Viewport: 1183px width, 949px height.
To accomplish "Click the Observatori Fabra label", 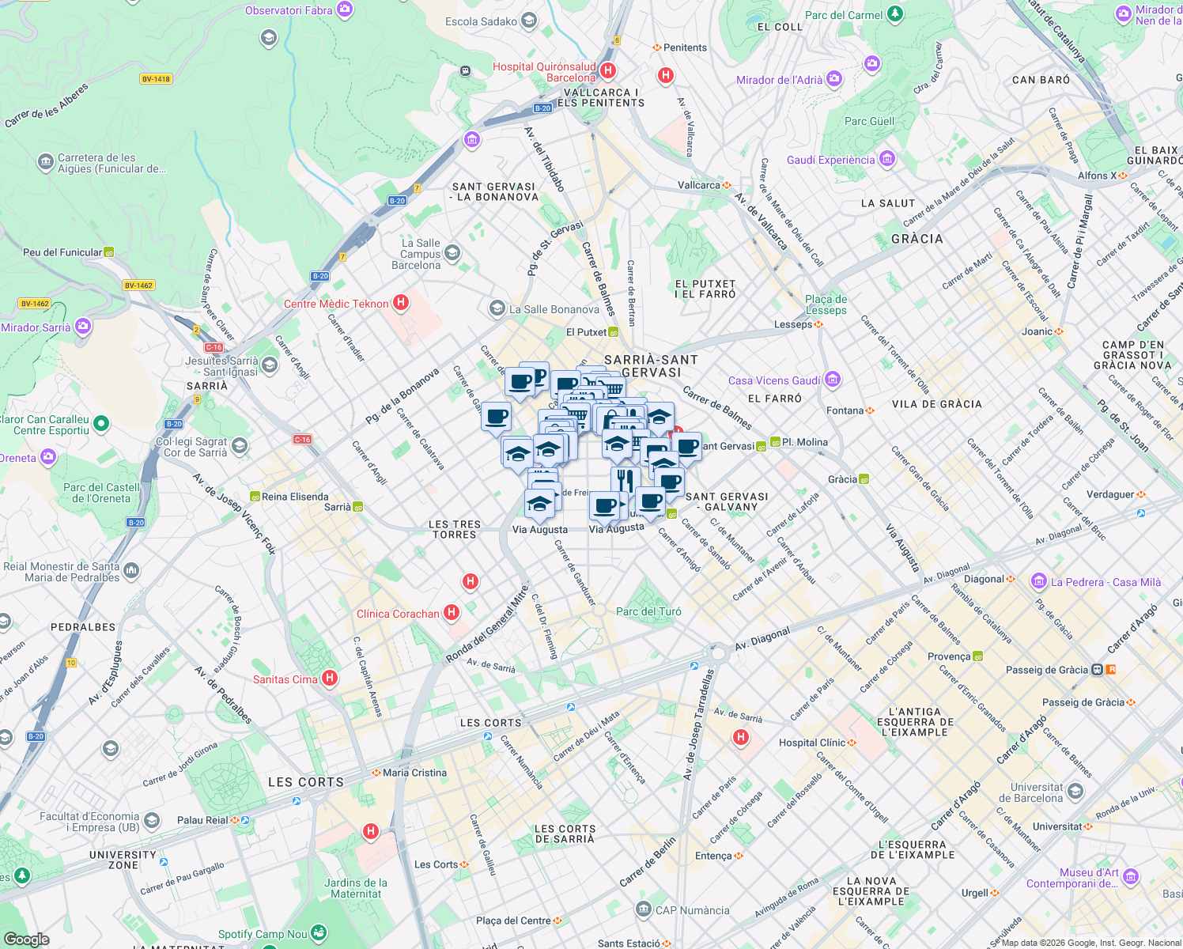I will tap(289, 10).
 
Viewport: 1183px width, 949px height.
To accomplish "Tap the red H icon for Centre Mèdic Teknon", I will tap(401, 302).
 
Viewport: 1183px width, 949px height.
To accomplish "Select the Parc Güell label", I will tap(869, 121).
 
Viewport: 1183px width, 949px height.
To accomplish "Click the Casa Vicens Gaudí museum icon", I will tap(832, 380).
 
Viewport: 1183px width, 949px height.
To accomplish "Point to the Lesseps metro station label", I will tap(793, 324).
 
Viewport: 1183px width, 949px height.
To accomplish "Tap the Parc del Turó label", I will tap(648, 611).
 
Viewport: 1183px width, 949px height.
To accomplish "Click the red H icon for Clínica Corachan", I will tap(452, 612).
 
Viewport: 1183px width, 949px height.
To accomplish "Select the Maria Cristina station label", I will tap(414, 773).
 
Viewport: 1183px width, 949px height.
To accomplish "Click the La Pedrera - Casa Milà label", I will tap(1106, 582).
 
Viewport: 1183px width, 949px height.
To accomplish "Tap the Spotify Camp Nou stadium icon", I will tap(319, 933).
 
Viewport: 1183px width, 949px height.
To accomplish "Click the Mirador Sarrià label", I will tap(36, 327).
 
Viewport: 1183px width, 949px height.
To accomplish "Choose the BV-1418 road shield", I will tap(156, 79).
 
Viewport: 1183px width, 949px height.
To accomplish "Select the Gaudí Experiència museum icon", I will tap(886, 159).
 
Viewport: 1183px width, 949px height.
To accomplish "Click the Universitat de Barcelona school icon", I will tap(1075, 791).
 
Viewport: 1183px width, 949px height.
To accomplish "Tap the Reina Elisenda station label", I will tap(295, 497).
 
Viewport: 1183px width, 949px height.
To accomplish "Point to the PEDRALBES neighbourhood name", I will tap(83, 627).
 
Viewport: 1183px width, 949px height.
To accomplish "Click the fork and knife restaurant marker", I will tap(625, 479).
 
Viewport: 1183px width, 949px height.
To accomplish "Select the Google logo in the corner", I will tap(26, 939).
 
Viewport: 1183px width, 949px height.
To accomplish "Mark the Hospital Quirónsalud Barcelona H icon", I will tap(607, 70).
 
